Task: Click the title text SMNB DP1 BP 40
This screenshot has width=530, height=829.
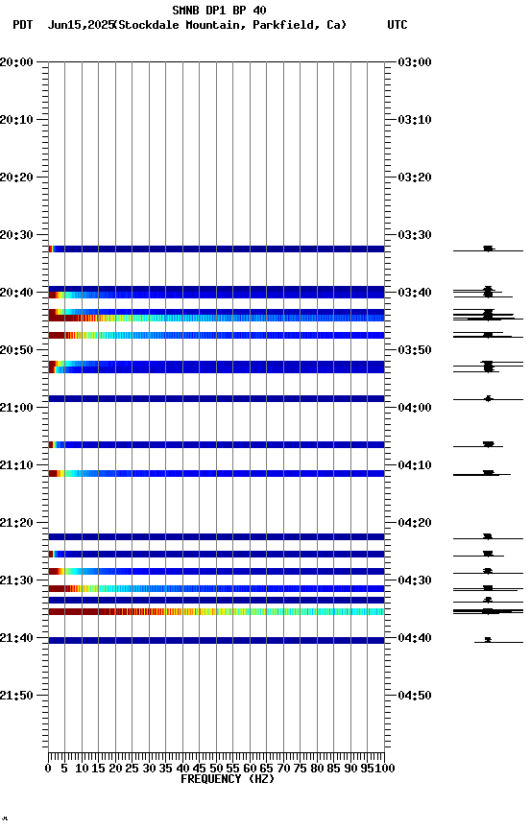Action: (219, 11)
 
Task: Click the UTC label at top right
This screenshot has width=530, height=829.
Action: (397, 25)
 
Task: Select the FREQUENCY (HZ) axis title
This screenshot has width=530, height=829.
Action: (227, 779)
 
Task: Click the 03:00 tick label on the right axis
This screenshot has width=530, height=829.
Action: (415, 62)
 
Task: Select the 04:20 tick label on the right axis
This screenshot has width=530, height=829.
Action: (415, 523)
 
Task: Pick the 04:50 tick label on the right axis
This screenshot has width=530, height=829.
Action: (415, 696)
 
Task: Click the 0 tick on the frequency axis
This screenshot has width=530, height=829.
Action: (49, 768)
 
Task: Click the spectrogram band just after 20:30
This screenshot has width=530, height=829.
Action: (217, 249)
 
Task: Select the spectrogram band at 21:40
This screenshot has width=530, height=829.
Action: (217, 640)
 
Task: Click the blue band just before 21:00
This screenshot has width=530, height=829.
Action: (217, 398)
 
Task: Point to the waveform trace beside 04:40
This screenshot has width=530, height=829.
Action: (489, 640)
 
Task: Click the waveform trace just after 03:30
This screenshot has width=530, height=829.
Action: (489, 249)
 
